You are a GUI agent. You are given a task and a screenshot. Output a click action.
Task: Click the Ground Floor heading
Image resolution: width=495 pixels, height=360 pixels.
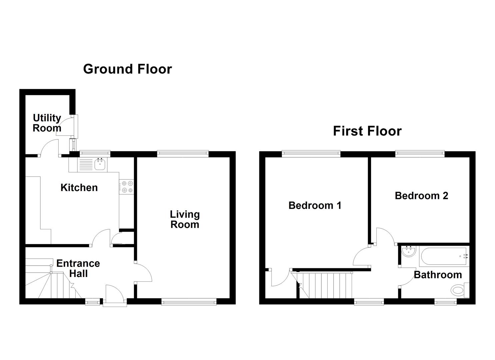pos(127,69)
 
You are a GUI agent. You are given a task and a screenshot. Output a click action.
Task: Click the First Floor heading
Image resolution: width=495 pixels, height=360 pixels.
pos(367,131)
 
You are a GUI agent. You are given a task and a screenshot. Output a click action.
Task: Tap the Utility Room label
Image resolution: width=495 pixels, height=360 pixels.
pos(47,123)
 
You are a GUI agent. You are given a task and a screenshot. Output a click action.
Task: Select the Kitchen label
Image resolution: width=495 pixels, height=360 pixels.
pos(79,187)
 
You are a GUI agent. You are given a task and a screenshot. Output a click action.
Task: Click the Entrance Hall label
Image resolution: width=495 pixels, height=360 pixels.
pos(78,268)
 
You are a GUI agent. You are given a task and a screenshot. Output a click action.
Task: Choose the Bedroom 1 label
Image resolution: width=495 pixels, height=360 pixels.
pos(315,205)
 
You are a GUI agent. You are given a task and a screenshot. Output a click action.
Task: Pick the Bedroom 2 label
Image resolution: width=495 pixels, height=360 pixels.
pos(421,195)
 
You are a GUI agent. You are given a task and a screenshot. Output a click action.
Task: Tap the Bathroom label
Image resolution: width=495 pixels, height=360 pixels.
pos(438,275)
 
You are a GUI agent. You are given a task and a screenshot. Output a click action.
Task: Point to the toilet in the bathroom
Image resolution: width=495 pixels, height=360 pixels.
pos(459,290)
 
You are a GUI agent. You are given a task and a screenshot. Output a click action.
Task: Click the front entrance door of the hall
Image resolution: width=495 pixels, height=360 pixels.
pos(115,294)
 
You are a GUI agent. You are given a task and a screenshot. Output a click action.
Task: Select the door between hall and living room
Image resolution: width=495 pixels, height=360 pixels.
pos(143,273)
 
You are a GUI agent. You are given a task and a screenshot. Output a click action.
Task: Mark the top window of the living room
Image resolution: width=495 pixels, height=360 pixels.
pos(183,154)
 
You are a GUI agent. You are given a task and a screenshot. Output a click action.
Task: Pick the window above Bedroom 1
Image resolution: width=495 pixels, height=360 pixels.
pos(311,154)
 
